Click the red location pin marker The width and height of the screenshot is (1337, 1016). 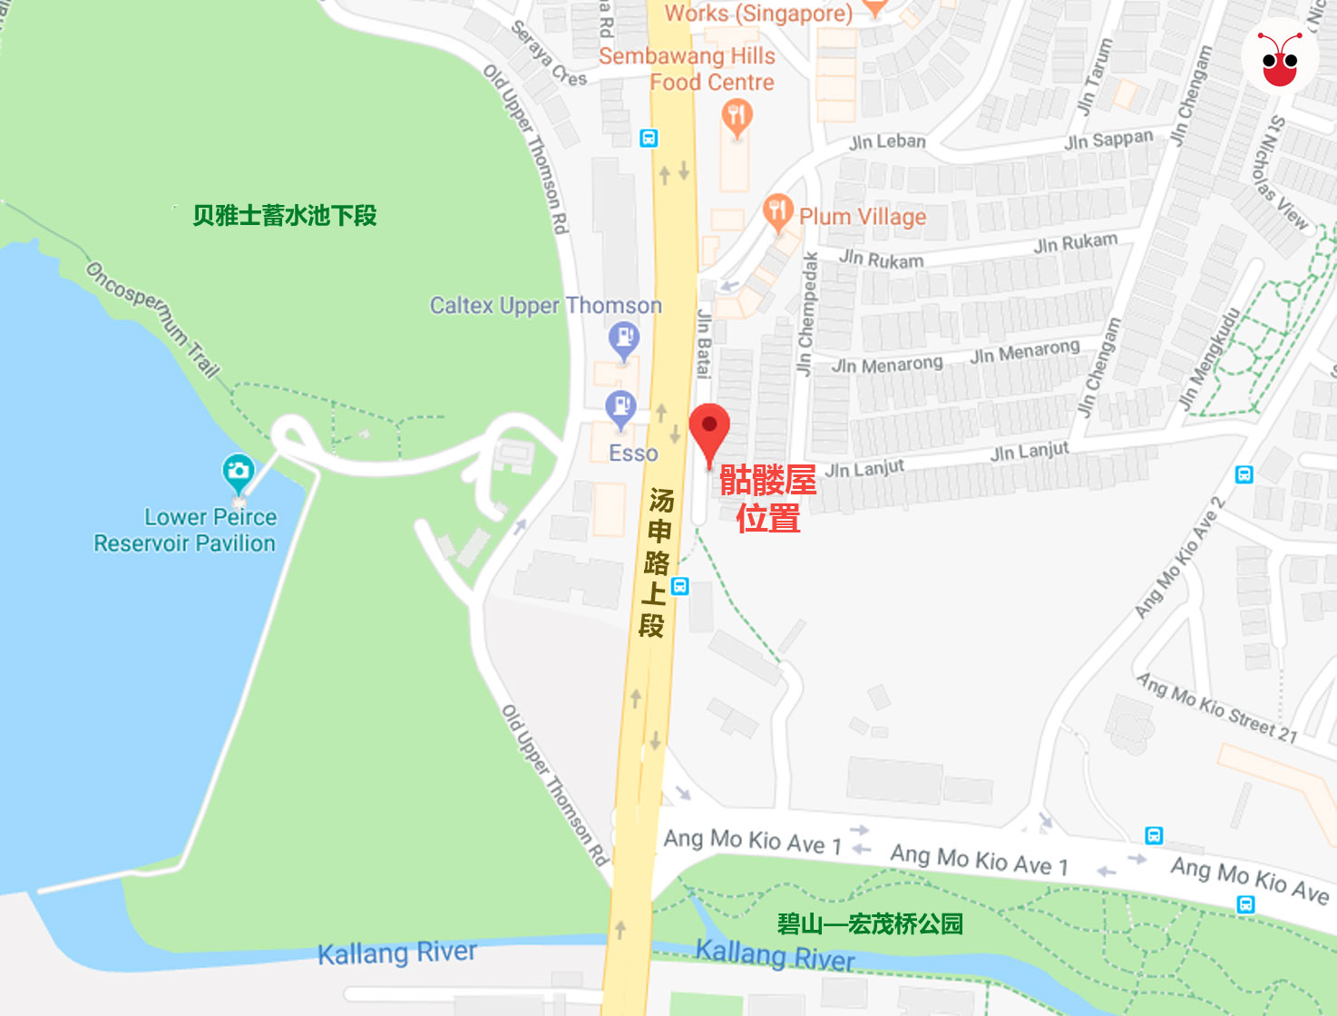[x=709, y=431]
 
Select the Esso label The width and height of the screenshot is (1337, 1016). [x=633, y=453]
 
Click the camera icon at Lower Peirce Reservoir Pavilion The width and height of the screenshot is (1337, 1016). [x=238, y=471]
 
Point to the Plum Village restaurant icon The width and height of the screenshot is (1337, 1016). [x=777, y=212]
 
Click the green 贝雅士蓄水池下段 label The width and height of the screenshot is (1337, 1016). [x=284, y=216]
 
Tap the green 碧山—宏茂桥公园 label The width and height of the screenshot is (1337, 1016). [x=870, y=924]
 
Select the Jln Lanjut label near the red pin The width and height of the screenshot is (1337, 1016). [x=864, y=468]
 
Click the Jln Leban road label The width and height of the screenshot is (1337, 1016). [x=887, y=142]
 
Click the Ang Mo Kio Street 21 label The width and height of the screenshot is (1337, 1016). [x=1216, y=708]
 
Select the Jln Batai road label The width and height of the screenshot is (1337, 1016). [x=704, y=342]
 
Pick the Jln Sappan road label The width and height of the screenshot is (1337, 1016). [x=1108, y=140]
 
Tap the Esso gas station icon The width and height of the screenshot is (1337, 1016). [x=620, y=408]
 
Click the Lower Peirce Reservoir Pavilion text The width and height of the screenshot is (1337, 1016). [x=185, y=531]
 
